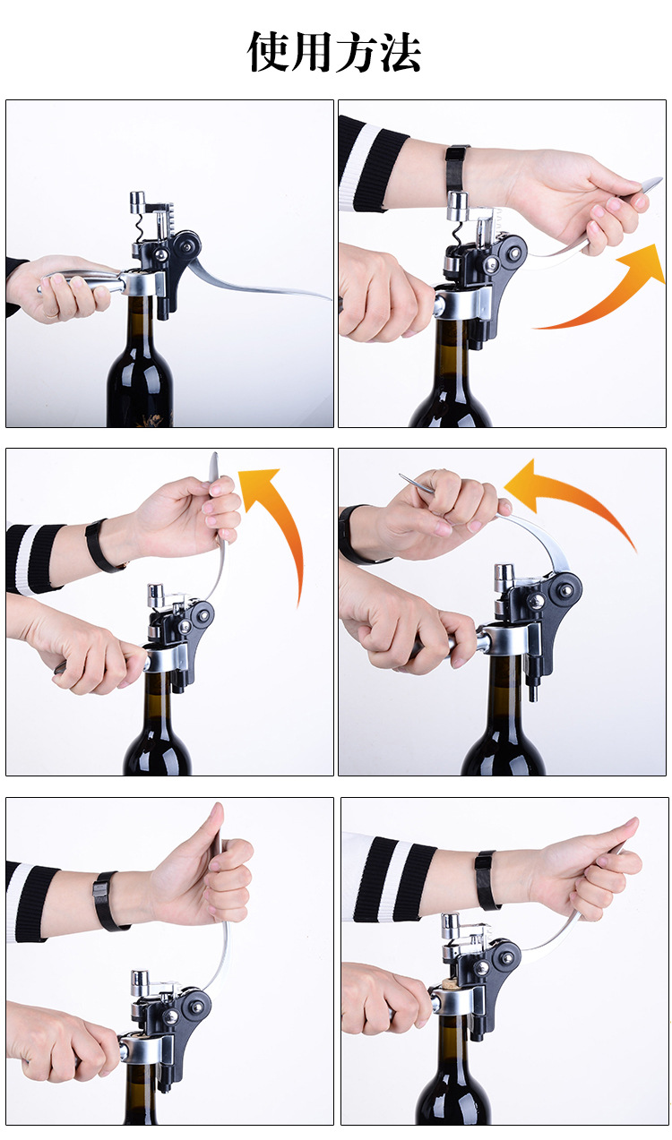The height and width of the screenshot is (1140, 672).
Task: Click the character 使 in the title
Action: click(x=268, y=51)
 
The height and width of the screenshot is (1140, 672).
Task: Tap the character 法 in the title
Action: click(x=400, y=51)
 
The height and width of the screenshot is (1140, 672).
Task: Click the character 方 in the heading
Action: click(x=356, y=51)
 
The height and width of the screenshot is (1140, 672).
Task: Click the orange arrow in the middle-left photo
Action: click(x=285, y=519)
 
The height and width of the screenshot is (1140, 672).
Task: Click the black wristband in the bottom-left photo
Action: click(x=107, y=901)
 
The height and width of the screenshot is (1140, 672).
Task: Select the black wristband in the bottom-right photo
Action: click(x=487, y=880)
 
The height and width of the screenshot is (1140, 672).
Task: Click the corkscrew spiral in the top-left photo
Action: click(x=140, y=227)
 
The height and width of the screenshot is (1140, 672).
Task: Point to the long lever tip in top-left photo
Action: click(x=326, y=297)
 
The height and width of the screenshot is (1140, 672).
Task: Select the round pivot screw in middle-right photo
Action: click(x=565, y=590)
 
